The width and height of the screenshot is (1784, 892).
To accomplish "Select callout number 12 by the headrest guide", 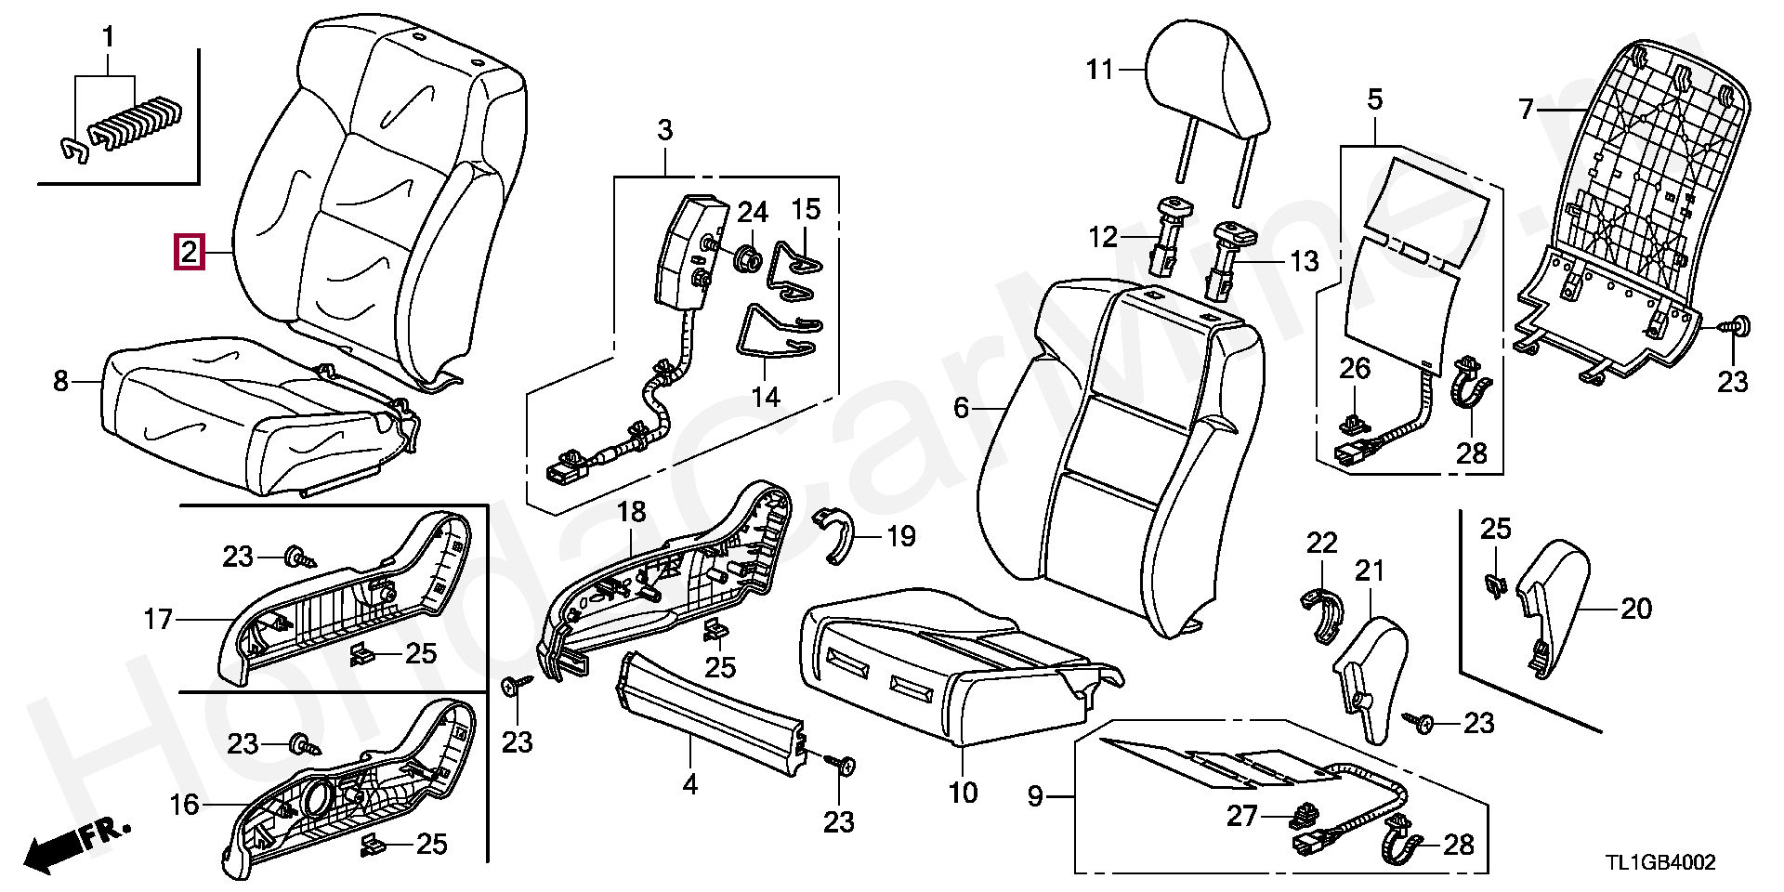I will coord(1103,238).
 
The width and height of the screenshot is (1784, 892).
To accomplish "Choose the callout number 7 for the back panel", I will coord(1525,110).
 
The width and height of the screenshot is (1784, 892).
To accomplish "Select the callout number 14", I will coord(766,397).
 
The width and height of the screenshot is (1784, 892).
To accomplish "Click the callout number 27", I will coord(1241,816).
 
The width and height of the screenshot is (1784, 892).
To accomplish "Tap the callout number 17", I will coord(158,619).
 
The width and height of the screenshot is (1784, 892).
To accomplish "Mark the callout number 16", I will coord(184,805).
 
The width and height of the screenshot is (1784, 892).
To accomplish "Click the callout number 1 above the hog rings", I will coord(108,38).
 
